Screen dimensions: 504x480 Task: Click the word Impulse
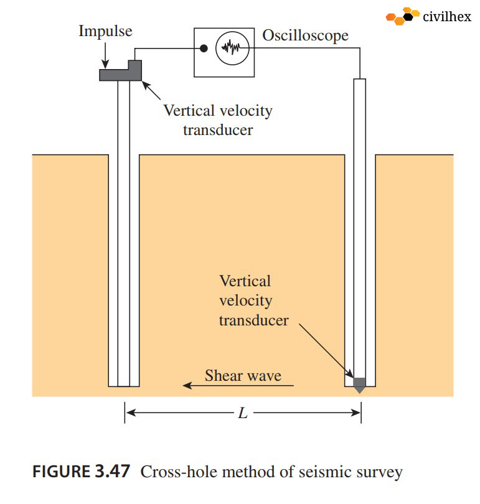pos(105,32)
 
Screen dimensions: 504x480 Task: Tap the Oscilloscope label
pos(305,35)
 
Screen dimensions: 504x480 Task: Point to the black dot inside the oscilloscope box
pos(203,49)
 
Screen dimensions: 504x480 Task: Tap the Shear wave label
pos(243,375)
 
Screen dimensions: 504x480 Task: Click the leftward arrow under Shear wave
pos(237,386)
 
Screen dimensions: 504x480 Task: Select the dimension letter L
pos(243,413)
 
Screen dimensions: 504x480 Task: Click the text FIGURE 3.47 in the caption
pos(81,472)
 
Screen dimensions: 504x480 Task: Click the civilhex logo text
pos(446,17)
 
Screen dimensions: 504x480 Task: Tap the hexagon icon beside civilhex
pos(402,16)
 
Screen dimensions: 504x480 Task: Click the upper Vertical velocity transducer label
pos(218,121)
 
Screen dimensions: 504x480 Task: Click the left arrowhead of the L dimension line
pos(129,412)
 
